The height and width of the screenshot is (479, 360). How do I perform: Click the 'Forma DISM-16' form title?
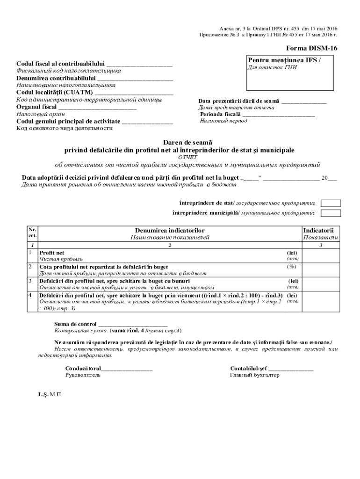point(311,48)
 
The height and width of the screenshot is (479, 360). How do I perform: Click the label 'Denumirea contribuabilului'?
point(56,78)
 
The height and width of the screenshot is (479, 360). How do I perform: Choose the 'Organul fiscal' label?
point(36,107)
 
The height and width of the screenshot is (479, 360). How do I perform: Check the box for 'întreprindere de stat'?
point(331,203)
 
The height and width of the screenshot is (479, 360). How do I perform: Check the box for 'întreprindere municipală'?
point(331,213)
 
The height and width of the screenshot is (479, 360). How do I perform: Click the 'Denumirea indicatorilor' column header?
point(170,230)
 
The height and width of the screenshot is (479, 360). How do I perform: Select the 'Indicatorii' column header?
point(320,230)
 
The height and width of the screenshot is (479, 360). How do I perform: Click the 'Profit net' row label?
point(51,253)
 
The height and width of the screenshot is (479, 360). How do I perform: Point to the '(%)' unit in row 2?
point(292,267)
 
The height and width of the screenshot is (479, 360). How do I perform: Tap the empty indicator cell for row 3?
point(321,284)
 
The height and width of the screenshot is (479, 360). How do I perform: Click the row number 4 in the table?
point(30,296)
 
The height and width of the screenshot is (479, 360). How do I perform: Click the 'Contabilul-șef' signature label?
point(248,368)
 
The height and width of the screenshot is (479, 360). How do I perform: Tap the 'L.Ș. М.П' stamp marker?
point(50,394)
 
